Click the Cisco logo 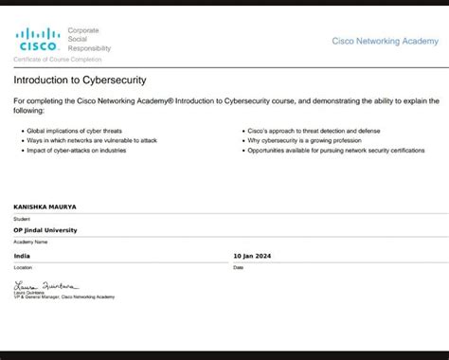[38, 40]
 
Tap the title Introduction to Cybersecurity [80, 80]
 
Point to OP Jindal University [45, 230]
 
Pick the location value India [22, 256]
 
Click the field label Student [22, 218]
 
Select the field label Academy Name [31, 242]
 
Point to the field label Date [239, 267]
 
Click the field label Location [23, 267]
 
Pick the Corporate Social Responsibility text [89, 39]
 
